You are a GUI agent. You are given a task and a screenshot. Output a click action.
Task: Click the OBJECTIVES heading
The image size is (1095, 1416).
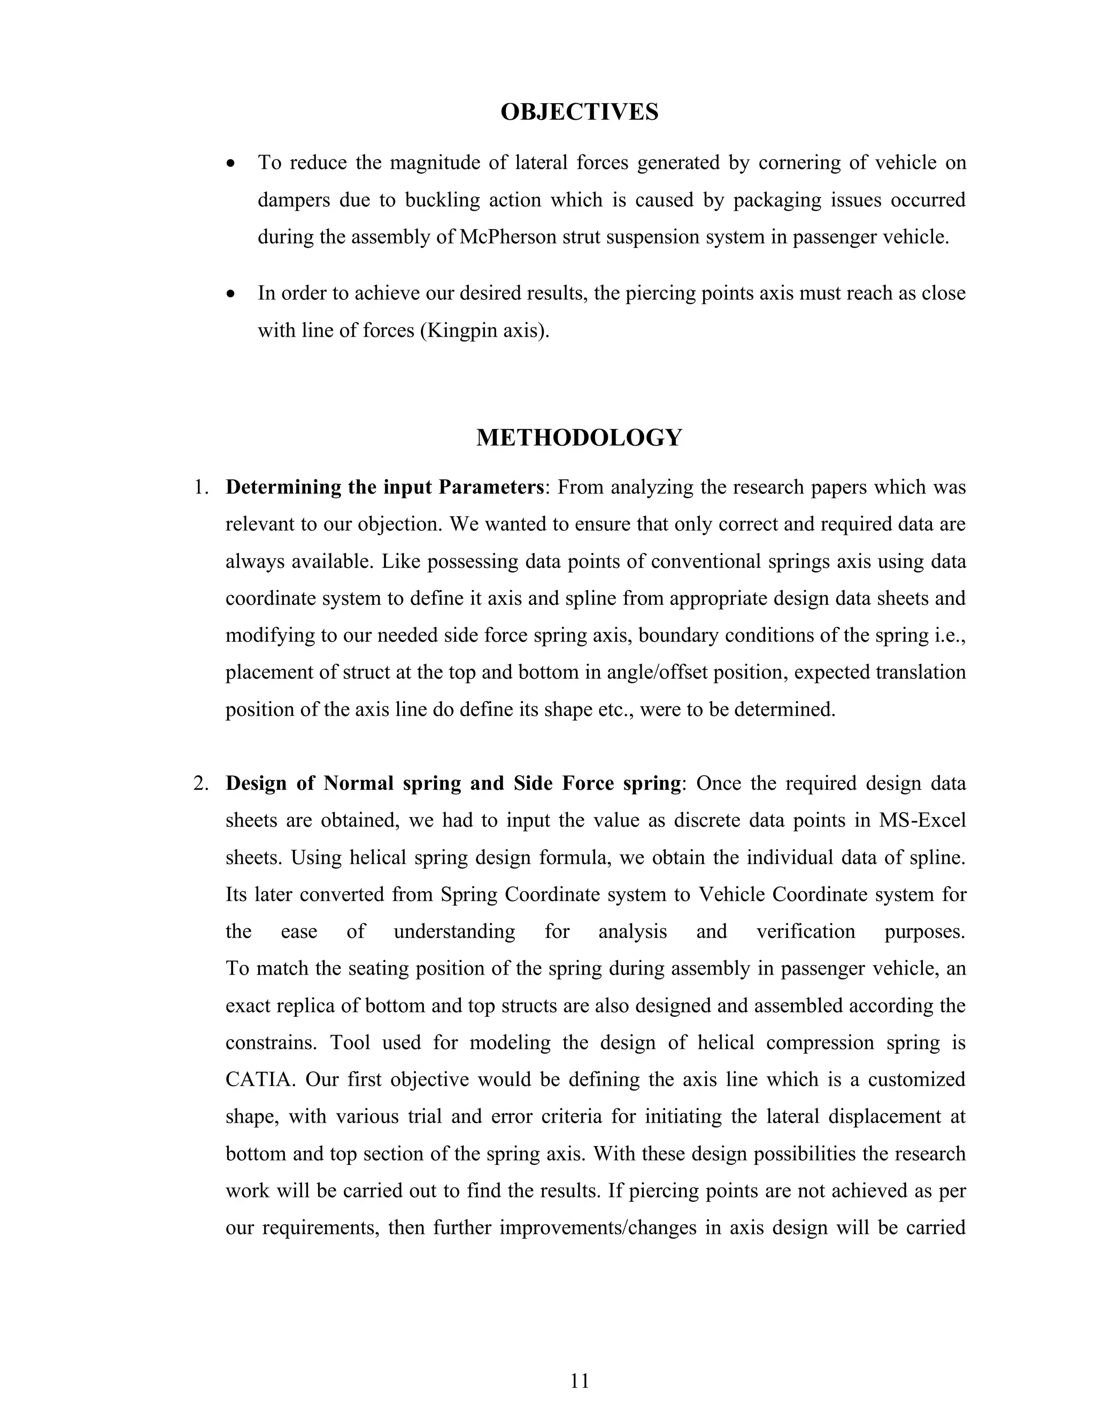click(x=579, y=112)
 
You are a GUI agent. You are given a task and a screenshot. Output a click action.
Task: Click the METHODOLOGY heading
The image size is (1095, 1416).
click(x=579, y=438)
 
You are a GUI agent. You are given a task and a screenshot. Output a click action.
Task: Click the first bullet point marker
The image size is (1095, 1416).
click(x=232, y=164)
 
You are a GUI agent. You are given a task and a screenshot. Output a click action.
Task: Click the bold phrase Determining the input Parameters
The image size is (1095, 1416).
click(x=384, y=487)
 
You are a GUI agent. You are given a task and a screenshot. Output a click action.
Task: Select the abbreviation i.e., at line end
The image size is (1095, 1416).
click(x=950, y=635)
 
